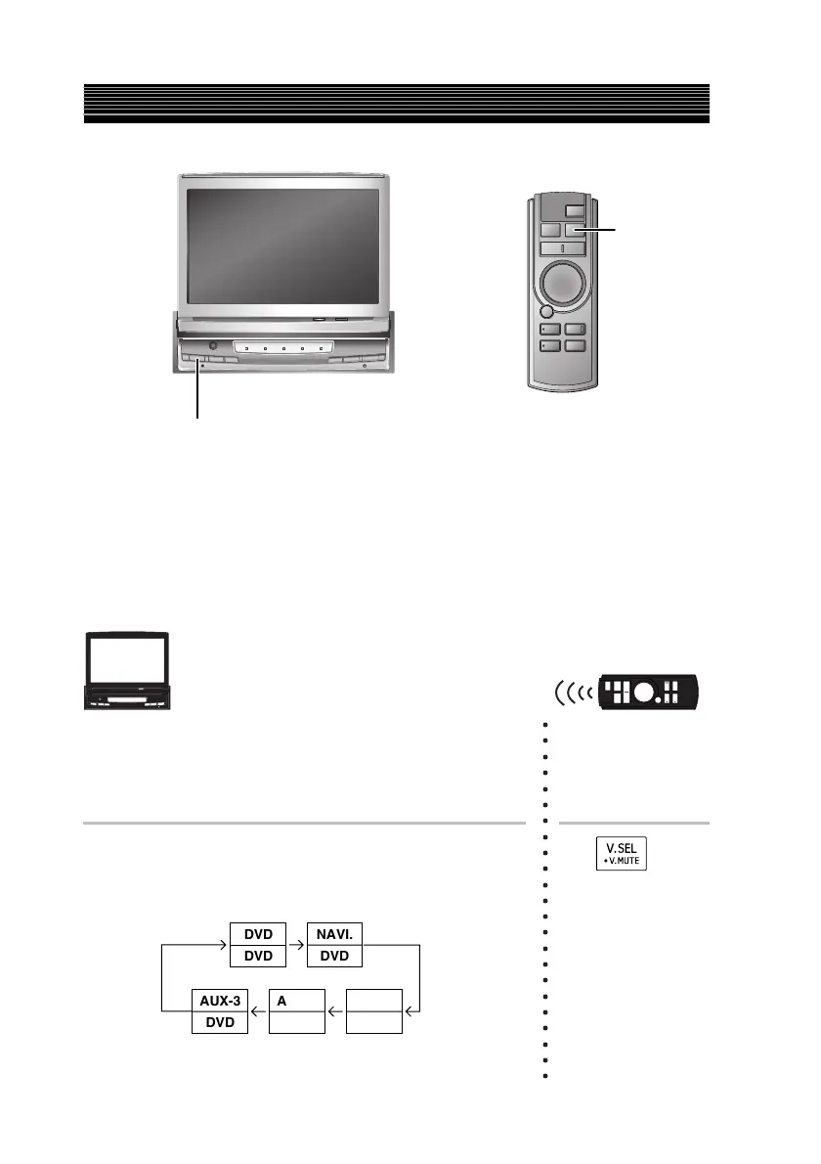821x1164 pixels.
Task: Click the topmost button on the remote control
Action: pos(575,208)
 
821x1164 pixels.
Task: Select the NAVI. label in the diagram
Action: pos(334,934)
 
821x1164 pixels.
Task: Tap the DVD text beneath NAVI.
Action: pos(334,956)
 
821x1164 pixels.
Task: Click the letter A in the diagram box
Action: pos(281,1001)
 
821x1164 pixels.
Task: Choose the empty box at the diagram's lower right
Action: pos(373,1011)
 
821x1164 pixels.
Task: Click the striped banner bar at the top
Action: pos(395,104)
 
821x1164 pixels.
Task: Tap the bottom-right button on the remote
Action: pos(575,345)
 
